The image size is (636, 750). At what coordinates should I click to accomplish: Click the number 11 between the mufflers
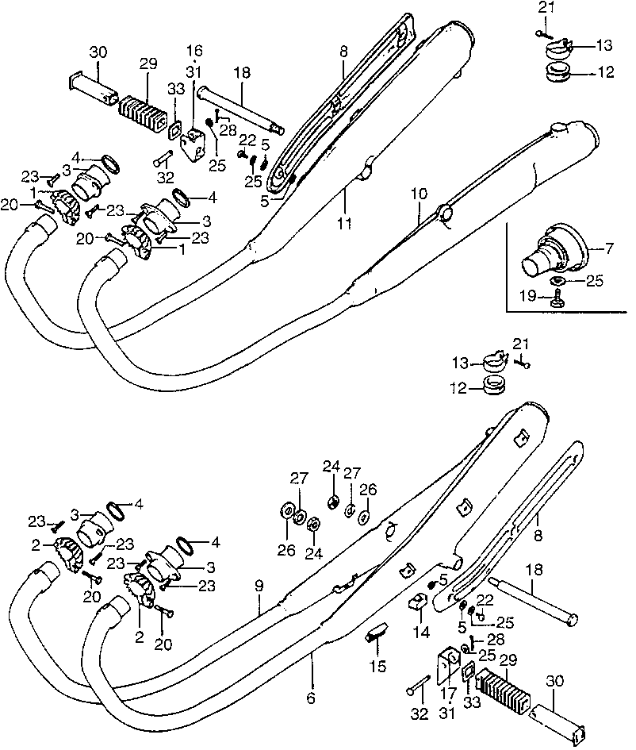(x=343, y=225)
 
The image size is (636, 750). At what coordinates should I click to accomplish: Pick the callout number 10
(x=418, y=194)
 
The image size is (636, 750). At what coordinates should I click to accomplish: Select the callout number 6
(x=311, y=698)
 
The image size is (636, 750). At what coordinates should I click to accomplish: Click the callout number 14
(x=421, y=633)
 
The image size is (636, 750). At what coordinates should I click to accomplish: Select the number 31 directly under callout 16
(x=193, y=71)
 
